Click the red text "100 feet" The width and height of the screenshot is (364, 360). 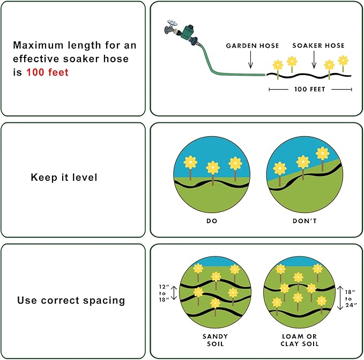[48, 72]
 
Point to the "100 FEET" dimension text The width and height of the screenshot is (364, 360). [310, 90]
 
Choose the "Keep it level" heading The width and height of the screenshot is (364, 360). [64, 177]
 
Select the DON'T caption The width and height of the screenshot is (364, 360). [303, 220]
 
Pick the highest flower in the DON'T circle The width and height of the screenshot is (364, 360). [322, 153]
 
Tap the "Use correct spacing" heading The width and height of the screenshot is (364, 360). [71, 300]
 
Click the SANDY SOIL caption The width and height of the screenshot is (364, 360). [214, 340]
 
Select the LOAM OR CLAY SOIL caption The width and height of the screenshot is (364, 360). [304, 340]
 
